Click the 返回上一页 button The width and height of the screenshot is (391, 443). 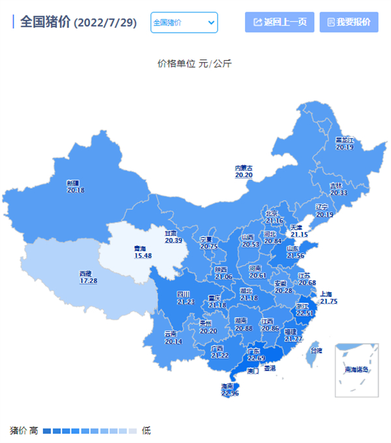click(280, 22)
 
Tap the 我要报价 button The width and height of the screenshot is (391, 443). click(349, 22)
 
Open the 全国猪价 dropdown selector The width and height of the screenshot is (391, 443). click(184, 22)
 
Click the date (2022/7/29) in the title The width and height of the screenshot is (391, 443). click(106, 23)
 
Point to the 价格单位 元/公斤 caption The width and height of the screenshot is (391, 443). click(195, 64)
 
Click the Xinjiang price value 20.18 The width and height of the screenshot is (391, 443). click(76, 190)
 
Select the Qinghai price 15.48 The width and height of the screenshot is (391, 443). click(142, 255)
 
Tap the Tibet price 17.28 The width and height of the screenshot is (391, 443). click(88, 281)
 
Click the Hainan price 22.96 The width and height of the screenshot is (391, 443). click(230, 393)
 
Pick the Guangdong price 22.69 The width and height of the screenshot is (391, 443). click(256, 358)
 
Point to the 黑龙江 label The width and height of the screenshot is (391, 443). click(343, 140)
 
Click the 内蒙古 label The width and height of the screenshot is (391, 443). click(243, 168)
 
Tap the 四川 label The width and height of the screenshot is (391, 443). click(184, 294)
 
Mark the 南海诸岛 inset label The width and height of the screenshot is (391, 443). click(356, 370)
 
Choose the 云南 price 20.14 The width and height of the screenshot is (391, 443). click(173, 341)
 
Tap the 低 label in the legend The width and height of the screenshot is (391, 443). click(146, 431)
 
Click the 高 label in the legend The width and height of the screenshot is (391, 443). click(33, 431)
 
